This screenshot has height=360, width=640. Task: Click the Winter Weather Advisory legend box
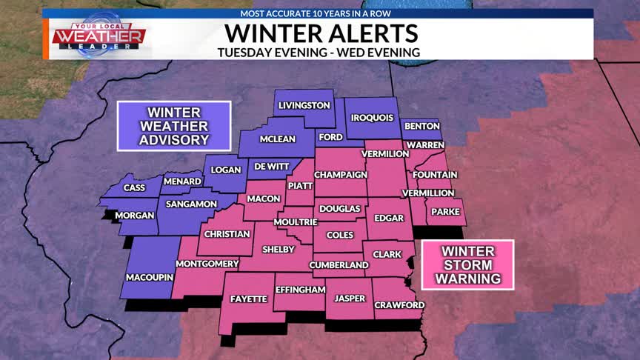tap(174, 125)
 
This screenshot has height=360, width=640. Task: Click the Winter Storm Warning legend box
tap(467, 265)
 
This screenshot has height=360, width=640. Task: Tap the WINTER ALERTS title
tap(321, 33)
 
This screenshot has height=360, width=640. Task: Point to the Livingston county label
tap(304, 106)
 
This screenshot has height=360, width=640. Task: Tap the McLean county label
tap(277, 139)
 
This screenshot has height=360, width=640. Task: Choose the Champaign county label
tap(341, 174)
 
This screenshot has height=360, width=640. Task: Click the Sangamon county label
tap(191, 204)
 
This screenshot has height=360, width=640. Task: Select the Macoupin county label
tap(149, 277)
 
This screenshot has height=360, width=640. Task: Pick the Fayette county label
tap(248, 299)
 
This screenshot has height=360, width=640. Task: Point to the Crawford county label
tap(399, 305)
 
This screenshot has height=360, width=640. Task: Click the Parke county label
tap(446, 212)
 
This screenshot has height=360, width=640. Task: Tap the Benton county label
tap(422, 127)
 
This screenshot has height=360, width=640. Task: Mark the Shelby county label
tap(279, 248)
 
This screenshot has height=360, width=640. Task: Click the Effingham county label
tap(300, 290)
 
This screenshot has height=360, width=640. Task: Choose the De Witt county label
tap(268, 167)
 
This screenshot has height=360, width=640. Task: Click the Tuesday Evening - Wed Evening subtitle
tap(319, 52)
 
